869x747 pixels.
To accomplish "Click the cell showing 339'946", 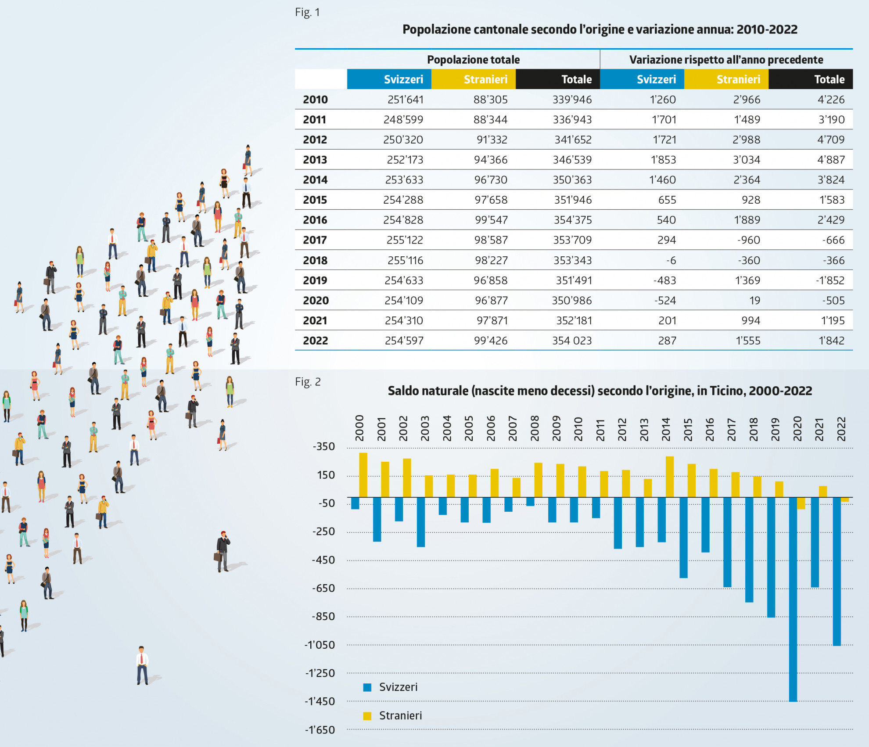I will [x=572, y=100].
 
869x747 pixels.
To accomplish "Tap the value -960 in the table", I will [x=749, y=240].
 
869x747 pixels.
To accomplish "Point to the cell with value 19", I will [x=754, y=301].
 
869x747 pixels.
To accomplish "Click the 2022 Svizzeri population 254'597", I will [x=404, y=341].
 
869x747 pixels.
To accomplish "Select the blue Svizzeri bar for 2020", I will [x=793, y=599].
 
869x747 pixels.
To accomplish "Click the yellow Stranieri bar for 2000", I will [x=363, y=475].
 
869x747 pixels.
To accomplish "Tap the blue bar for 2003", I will [x=421, y=522].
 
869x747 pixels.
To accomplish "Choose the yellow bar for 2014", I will [x=670, y=477].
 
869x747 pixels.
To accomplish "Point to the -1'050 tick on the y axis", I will [x=320, y=645].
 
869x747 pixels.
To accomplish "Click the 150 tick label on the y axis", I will [x=326, y=475].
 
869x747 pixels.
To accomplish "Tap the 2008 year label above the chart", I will [x=535, y=428].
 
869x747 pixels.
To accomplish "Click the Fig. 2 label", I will [x=308, y=382].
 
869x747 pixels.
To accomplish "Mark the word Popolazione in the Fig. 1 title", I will [x=434, y=29].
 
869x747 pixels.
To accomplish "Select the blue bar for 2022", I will [x=837, y=571].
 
